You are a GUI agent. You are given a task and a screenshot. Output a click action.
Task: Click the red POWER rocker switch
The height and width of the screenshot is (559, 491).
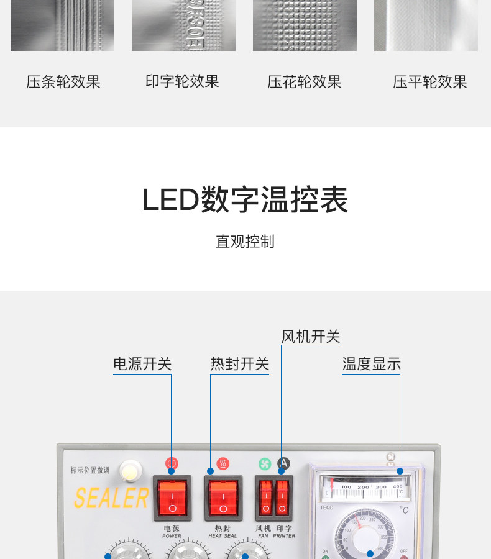click(172, 498)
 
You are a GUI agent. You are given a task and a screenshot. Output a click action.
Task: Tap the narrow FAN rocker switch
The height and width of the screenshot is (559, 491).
click(266, 498)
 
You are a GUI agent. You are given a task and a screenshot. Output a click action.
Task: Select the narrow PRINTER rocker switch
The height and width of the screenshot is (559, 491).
click(282, 498)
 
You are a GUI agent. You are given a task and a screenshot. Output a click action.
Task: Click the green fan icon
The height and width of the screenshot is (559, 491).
click(265, 463)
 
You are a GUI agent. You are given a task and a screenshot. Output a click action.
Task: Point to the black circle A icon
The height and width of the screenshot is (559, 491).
click(283, 463)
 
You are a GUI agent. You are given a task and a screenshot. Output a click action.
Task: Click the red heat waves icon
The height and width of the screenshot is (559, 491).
click(223, 463)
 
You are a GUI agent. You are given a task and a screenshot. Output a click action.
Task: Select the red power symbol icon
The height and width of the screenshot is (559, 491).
click(172, 463)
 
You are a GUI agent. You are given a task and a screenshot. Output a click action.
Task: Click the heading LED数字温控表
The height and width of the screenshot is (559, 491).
click(245, 200)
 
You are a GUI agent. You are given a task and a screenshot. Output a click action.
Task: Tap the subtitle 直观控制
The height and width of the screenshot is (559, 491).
click(245, 242)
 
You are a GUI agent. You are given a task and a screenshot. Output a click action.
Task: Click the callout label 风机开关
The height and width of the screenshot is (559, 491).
click(311, 337)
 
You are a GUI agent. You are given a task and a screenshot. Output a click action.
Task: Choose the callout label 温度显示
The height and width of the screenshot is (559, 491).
click(371, 364)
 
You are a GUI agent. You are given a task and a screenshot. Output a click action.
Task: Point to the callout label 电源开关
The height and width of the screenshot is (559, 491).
click(142, 364)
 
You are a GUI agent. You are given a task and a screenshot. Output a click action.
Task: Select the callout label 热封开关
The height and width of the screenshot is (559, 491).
click(240, 364)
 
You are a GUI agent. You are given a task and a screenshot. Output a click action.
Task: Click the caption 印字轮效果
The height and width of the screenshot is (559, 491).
click(182, 81)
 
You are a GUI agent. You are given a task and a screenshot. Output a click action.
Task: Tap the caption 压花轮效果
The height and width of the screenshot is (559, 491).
click(305, 82)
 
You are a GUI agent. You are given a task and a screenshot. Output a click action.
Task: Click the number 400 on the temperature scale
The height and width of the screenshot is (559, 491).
click(398, 487)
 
